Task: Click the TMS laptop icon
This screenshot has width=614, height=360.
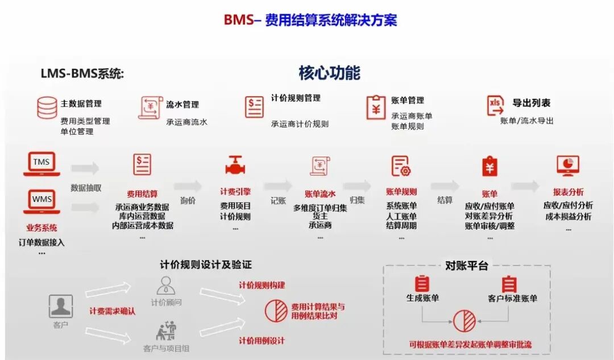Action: pos(42,164)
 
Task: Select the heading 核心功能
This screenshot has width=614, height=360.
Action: pos(329,73)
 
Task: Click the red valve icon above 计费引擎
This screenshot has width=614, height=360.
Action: pos(235,165)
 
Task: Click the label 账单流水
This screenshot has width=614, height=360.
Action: pos(320,193)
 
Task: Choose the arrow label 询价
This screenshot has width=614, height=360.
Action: pos(188,200)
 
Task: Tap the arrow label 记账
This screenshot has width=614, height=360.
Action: pos(278,200)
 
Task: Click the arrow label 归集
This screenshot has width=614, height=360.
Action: pos(357,200)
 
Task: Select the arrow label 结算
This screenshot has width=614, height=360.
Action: pos(445,200)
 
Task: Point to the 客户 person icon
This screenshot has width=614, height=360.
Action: pos(60,307)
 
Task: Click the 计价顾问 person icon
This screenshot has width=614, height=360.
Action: pos(166,285)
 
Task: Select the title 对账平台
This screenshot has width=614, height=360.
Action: pos(466,266)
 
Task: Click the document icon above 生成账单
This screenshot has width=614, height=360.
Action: pos(422,283)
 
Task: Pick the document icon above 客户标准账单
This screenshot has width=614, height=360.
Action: pos(509,283)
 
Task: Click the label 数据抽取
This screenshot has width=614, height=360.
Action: pos(86,188)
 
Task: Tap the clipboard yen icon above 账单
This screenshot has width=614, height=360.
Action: pos(489,165)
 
